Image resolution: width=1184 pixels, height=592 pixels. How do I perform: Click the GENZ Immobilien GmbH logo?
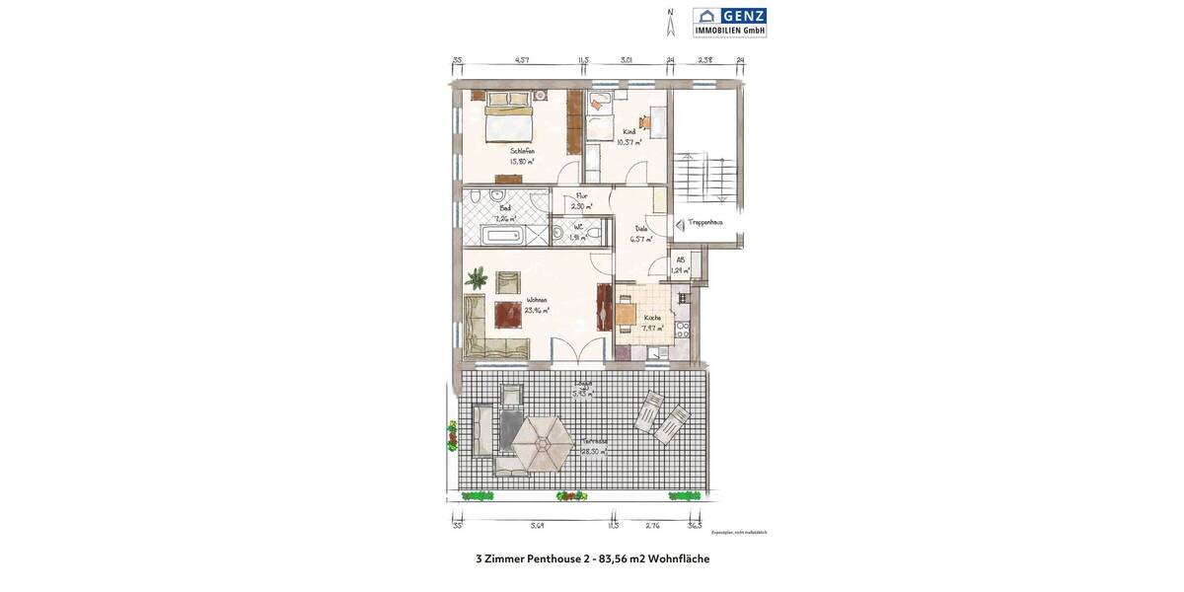tap(729, 22)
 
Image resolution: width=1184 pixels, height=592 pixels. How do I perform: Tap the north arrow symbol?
tap(671, 22)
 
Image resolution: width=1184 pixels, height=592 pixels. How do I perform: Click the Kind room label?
tap(629, 131)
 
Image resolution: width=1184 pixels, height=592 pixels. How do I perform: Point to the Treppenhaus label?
tap(705, 222)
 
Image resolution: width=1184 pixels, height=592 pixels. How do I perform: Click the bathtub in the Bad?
tap(500, 235)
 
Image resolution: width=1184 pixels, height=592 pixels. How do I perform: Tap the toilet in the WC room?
tap(558, 234)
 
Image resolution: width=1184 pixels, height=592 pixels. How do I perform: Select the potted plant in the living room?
tap(477, 278)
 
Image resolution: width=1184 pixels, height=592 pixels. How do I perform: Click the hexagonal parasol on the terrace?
tap(542, 443)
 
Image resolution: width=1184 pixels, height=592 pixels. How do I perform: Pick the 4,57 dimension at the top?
tap(521, 60)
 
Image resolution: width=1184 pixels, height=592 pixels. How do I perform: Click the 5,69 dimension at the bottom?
tap(537, 526)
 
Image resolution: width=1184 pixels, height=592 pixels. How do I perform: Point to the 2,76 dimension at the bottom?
tap(652, 526)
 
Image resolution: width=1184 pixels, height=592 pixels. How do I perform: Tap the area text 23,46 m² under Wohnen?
tap(537, 310)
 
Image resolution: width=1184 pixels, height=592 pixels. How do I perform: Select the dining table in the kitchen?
tap(625, 314)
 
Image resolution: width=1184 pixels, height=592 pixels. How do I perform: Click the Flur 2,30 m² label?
tap(582, 201)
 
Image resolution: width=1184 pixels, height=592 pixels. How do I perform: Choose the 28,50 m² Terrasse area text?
tap(594, 452)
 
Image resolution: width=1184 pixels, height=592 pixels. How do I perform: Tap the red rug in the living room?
tap(508, 314)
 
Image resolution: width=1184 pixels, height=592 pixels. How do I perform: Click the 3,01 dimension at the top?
tap(626, 60)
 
